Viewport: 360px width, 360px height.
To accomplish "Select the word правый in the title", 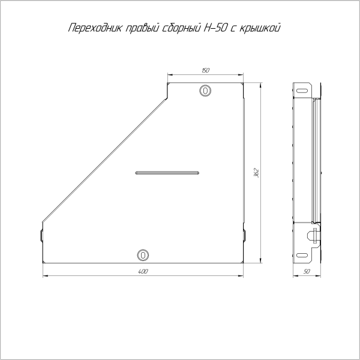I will point(142,28).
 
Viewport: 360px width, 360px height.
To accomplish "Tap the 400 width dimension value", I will point(143,272).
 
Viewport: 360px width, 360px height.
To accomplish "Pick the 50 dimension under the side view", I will point(307,272).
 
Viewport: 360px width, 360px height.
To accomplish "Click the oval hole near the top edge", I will point(205,91).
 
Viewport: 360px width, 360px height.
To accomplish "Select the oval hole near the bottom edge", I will point(143,254).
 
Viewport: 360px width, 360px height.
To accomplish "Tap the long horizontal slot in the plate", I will point(167,173).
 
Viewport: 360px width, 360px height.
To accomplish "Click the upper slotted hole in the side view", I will point(302,91).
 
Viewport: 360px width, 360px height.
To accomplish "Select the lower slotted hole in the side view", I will point(302,254).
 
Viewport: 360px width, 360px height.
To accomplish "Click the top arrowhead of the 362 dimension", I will point(260,86).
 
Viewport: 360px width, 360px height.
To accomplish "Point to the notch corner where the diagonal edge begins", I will point(166,99).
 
